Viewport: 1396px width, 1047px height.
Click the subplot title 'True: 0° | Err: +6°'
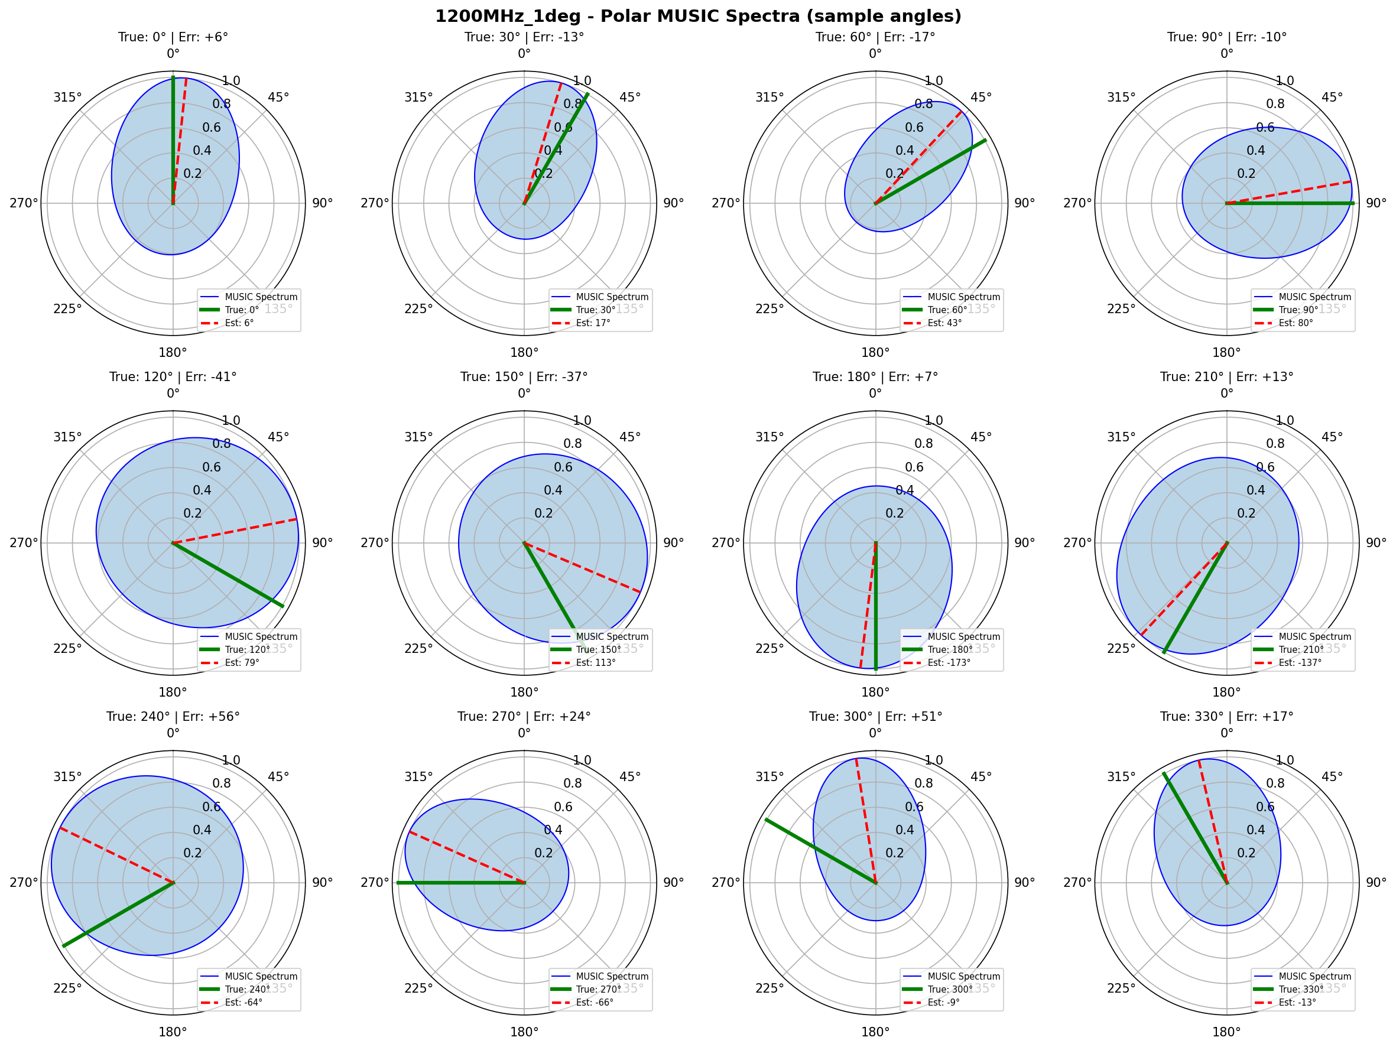[173, 37]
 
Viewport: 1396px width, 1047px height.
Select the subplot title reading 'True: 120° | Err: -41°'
[173, 377]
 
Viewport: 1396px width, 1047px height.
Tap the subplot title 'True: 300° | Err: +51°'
[875, 717]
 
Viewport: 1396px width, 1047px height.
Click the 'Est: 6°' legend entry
[239, 323]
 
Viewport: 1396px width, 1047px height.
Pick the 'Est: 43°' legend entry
[944, 323]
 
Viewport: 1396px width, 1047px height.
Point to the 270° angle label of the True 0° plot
[24, 203]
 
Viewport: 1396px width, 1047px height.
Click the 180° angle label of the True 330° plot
[1226, 1032]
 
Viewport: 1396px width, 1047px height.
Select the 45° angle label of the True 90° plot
[1332, 97]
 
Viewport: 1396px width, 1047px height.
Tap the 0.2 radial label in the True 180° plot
[894, 513]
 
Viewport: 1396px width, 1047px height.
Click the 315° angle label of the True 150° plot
[418, 437]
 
